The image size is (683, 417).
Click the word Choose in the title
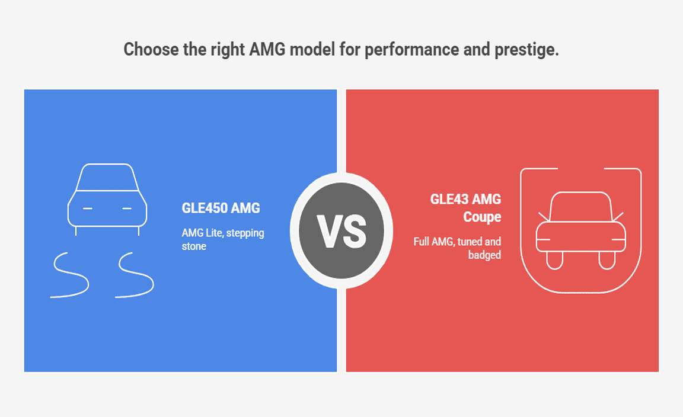(151, 49)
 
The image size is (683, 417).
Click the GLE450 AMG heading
(221, 208)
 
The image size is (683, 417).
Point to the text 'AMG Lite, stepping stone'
(222, 239)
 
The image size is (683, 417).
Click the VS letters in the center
(341, 231)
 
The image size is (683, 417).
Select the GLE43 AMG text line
(465, 199)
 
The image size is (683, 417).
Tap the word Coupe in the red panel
(482, 217)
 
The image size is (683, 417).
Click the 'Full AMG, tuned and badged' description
(457, 248)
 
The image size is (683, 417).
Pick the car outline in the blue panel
(107, 200)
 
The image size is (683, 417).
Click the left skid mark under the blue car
(70, 275)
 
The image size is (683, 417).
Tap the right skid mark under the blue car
(135, 275)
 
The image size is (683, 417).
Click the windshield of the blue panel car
(107, 177)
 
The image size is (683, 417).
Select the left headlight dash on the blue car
(88, 208)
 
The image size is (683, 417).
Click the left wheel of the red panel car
(554, 260)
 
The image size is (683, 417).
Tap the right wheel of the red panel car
(607, 260)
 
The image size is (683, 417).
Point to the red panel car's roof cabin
(580, 207)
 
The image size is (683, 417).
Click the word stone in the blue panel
(194, 246)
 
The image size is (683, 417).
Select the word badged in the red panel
(484, 255)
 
